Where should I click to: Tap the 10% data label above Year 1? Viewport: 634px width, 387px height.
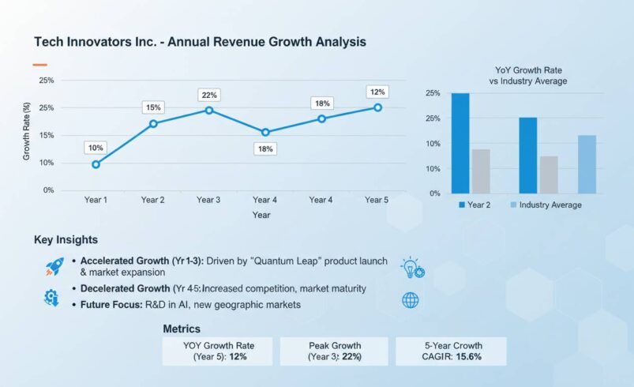96,148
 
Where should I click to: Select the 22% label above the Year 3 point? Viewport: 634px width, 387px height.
209,95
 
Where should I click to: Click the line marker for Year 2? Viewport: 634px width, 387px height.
153,124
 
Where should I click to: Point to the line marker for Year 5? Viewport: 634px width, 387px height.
377,107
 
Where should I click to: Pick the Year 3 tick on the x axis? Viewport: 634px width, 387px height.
208,200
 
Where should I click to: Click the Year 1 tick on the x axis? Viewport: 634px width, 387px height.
96,200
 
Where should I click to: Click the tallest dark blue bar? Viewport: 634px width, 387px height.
460,143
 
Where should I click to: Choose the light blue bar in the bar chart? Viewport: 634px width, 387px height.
587,164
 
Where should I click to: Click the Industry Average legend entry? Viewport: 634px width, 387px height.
550,205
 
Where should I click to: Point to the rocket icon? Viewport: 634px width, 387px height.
54,267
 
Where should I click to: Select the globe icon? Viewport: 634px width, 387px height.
411,300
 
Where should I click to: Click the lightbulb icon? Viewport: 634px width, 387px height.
411,267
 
